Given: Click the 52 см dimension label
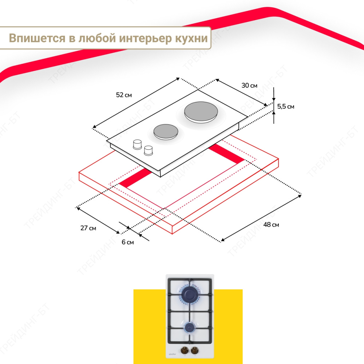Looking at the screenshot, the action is point(124,95).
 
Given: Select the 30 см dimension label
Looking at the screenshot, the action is point(249,86).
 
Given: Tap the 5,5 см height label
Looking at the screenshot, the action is point(285,107).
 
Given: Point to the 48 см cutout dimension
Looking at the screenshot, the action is point(271,225).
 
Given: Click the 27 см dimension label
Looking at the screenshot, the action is point(88,228).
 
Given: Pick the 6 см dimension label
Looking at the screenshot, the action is point(128,242).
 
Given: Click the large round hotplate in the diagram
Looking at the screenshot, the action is point(201,112).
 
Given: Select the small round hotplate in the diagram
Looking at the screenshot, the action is point(166,132).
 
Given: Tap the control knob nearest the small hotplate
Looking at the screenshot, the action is point(138,145).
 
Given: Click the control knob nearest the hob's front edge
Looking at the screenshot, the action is point(149,150).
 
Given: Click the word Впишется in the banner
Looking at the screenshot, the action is point(37,38).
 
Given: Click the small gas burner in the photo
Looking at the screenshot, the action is point(190,327).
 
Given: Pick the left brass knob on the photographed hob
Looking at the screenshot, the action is point(185,350).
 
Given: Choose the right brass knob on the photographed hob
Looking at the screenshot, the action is point(194,350).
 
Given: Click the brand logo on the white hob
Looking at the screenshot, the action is point(173,354).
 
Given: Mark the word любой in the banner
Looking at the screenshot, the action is point(97,38).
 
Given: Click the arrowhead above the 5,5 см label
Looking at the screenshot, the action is point(274,99).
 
